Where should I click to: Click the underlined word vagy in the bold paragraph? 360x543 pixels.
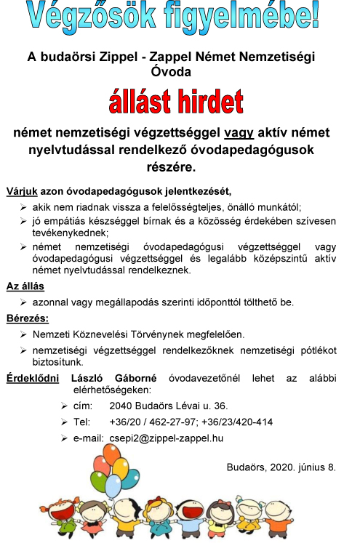239,133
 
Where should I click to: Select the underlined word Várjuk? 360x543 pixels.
21,192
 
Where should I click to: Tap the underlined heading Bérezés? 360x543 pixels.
28,318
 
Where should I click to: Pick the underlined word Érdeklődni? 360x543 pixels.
33,378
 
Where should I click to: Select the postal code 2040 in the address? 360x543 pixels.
121,406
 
